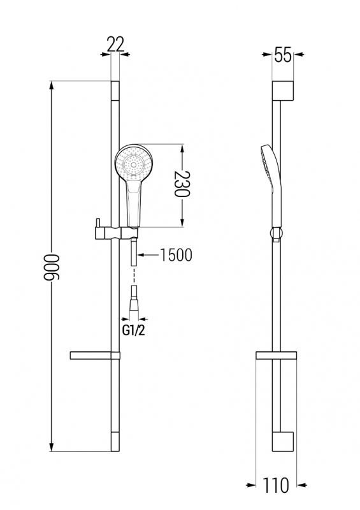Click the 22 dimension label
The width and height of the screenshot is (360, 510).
tap(115, 44)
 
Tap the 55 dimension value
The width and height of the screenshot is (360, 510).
tap(283, 55)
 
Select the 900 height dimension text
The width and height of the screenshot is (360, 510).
tap(52, 267)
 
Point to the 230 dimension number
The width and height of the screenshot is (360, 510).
tap(182, 184)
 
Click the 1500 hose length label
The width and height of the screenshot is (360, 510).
tap(176, 255)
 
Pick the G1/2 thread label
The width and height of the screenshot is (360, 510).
tap(133, 331)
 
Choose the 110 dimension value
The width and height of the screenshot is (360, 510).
tap(275, 485)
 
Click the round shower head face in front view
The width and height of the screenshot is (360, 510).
tap(133, 163)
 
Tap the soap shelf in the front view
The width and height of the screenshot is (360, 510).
tap(95, 356)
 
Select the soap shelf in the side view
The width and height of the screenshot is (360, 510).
tap(276, 356)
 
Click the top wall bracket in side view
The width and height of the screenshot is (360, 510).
tap(283, 90)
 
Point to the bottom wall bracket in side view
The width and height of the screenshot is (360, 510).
tap(283, 442)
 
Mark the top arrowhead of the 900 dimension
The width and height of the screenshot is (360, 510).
tap(52, 85)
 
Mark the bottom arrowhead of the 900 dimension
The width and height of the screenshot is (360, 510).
tap(52, 447)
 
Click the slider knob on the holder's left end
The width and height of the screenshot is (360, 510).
tap(97, 222)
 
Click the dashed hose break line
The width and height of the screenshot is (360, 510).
tap(134, 276)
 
